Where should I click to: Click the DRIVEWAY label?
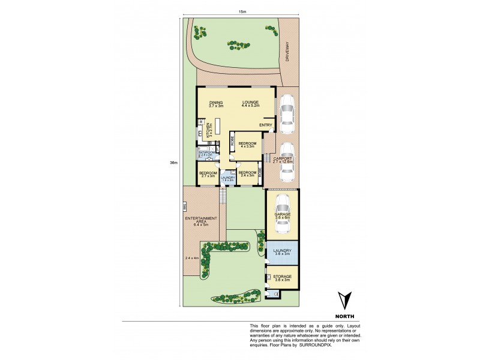pyautogui.click(x=288, y=51)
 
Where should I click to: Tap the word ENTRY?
pyautogui.click(x=266, y=125)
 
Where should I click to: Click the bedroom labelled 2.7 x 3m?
pyautogui.click(x=208, y=174)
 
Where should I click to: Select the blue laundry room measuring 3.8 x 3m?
pyautogui.click(x=282, y=252)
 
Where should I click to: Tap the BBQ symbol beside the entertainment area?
pyautogui.click(x=185, y=207)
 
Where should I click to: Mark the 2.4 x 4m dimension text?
pyautogui.click(x=191, y=257)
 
